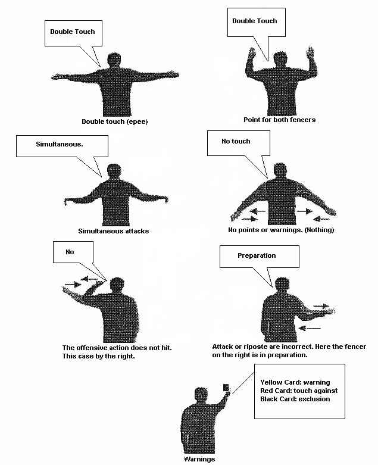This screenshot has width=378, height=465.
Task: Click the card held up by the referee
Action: [226, 388]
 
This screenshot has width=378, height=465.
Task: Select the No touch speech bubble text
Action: [236, 142]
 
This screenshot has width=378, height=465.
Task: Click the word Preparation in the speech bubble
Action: [257, 255]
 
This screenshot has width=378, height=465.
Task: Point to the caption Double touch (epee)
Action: [115, 121]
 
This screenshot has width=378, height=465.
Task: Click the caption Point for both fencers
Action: [280, 120]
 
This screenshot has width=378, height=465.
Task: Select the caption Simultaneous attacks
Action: [114, 231]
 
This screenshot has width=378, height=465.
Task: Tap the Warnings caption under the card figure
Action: [199, 459]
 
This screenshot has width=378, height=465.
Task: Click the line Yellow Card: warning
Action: [295, 382]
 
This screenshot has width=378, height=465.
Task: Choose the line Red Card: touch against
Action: [299, 391]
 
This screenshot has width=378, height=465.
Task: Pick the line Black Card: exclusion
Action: [295, 399]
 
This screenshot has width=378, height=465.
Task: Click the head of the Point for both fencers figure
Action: [280, 60]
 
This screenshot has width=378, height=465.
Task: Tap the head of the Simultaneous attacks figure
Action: [114, 171]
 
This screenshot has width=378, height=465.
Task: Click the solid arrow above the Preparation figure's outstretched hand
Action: [321, 306]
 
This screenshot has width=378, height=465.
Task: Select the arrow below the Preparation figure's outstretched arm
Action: [310, 328]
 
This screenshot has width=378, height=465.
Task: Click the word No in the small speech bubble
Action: [70, 252]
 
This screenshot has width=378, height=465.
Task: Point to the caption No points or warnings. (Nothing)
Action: [281, 230]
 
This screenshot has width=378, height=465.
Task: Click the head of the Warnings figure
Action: [201, 395]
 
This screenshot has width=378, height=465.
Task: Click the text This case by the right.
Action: [98, 356]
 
